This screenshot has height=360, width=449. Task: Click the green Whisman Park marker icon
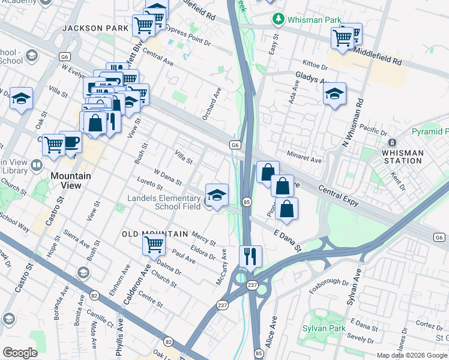pos(279,20)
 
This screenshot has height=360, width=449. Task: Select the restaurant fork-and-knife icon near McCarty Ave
pos(250,256)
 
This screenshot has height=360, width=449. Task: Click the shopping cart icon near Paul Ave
pos(154,244)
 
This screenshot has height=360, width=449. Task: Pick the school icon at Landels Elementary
pos(217,195)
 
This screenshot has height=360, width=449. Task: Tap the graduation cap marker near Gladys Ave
pos(334,94)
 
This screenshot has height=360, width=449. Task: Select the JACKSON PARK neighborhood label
pos(95,28)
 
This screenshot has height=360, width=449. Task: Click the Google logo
pos(20,353)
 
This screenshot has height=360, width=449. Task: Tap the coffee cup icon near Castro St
pos(71,142)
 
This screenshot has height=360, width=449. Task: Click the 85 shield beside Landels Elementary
pos(246,202)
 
